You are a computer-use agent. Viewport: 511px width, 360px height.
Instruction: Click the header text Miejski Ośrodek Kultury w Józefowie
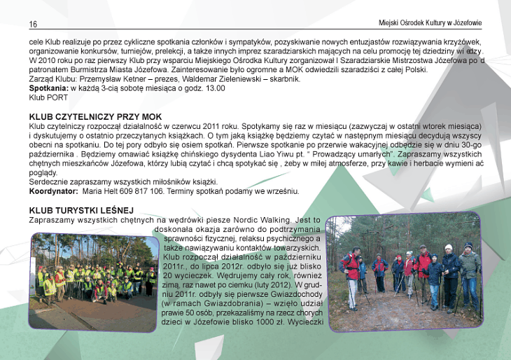(430, 23)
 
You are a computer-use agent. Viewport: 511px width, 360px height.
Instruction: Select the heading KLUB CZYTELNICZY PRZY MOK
(95, 116)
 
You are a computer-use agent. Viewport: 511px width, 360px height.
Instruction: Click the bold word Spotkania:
(48, 88)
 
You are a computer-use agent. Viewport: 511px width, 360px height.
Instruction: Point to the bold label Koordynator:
(53, 191)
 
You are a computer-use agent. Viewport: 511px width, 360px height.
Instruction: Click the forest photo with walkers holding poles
(404, 272)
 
